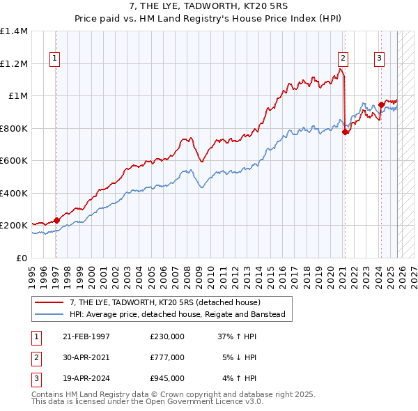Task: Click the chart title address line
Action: [x=208, y=6]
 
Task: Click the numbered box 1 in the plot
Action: [x=55, y=59]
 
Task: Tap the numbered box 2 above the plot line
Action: [x=343, y=59]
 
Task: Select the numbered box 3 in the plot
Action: [x=380, y=59]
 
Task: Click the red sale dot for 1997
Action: [x=56, y=220]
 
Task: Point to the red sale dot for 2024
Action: [x=381, y=105]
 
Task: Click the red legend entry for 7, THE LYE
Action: [x=164, y=302]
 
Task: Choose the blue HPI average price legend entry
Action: [x=177, y=314]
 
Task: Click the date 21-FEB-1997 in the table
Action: [x=86, y=336]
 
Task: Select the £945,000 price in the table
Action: [x=167, y=378]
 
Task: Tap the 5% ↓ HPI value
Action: [x=240, y=357]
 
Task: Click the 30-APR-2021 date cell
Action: [x=86, y=357]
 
